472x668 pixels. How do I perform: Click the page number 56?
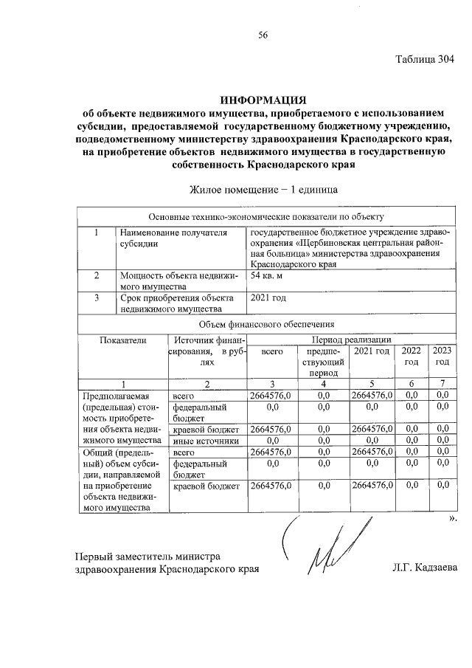click(263, 35)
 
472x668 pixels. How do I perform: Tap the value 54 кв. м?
click(266, 276)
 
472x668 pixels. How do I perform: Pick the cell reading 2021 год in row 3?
click(268, 298)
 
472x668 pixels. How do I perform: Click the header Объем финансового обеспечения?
click(266, 324)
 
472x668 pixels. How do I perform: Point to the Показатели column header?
click(123, 340)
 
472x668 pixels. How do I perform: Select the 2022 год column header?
click(411, 357)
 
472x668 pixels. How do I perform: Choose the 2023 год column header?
click(441, 357)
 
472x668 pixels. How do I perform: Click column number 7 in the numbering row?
click(441, 383)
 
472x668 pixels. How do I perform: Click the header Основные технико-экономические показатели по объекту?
click(266, 217)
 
